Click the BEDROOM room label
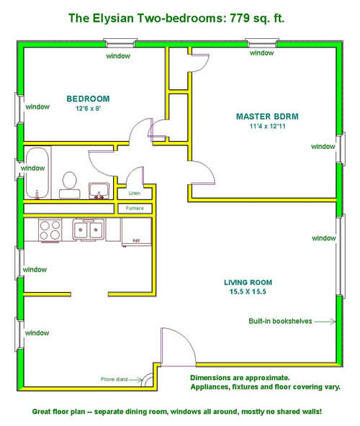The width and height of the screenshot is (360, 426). click(88, 99)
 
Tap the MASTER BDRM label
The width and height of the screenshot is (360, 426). click(267, 117)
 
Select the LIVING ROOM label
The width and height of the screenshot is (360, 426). click(248, 283)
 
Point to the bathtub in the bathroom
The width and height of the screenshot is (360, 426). click(37, 173)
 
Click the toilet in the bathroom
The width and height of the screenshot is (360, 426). click(70, 185)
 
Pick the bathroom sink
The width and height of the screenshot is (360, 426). click(99, 191)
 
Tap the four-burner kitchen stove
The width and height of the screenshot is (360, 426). click(50, 230)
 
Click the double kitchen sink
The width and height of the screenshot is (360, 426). click(88, 230)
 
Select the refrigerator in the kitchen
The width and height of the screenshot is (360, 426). click(137, 232)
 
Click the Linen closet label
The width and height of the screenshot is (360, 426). click(135, 193)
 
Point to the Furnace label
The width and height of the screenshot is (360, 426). click(135, 208)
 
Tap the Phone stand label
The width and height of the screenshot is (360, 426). click(114, 379)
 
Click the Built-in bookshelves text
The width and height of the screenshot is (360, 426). click(280, 321)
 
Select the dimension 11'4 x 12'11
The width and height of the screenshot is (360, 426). click(268, 127)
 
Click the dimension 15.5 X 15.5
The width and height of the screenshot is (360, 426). click(248, 291)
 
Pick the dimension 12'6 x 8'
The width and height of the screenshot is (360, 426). click(89, 109)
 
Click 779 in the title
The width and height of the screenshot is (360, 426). click(240, 18)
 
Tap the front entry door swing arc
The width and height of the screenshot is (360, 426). click(185, 340)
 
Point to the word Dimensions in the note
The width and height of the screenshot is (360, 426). click(210, 378)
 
